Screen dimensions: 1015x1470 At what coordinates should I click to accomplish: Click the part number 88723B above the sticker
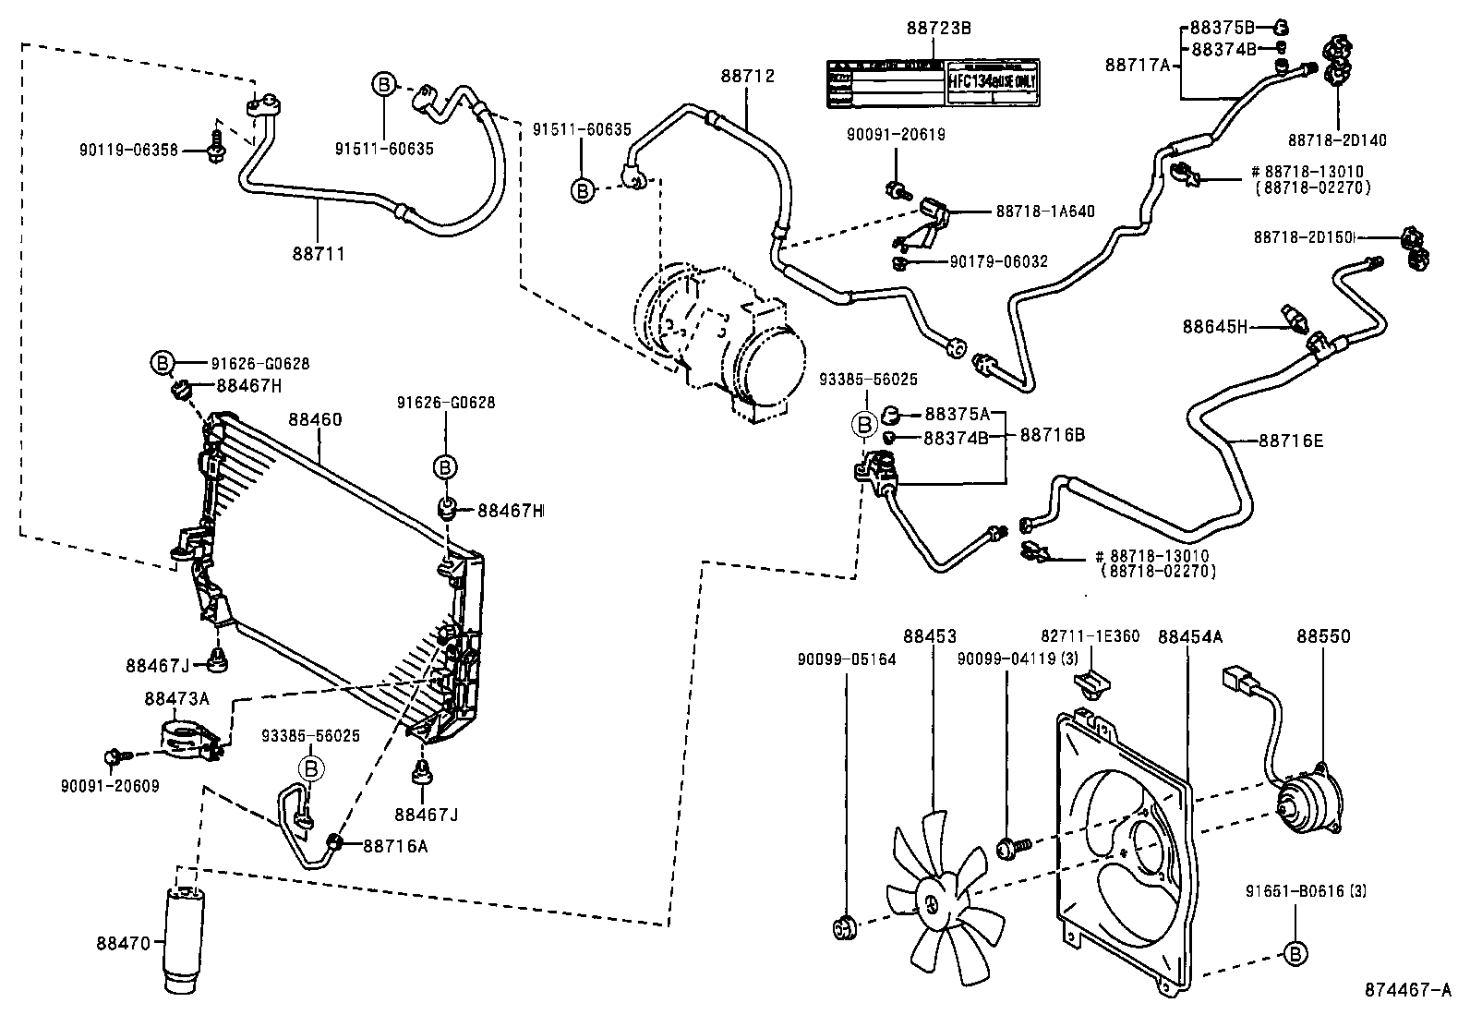938,29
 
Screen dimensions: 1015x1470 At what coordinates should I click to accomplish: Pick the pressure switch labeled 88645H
1295,317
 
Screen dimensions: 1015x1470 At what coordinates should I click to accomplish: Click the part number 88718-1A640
1044,211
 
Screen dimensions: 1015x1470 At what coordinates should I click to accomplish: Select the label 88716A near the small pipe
395,844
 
